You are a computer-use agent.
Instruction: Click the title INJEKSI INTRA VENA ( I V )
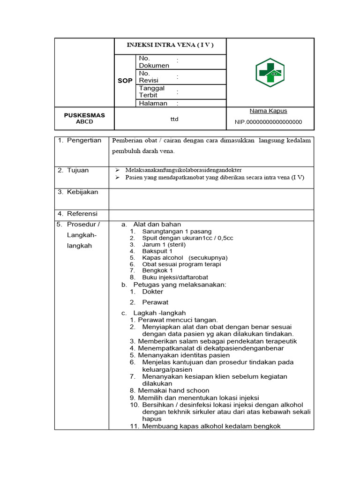170,45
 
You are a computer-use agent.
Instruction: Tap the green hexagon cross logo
270,72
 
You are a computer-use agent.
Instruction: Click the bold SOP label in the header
125,81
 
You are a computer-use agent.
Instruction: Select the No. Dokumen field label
154,62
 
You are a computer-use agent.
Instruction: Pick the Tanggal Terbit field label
151,91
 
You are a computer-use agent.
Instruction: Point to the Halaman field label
153,103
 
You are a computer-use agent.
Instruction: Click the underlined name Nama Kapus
268,111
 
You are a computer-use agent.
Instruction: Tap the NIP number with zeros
268,122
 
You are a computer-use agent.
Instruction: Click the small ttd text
174,119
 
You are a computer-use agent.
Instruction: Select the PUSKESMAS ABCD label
84,118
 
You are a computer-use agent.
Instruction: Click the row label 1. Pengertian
79,141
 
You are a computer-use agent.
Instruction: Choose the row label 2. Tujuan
73,170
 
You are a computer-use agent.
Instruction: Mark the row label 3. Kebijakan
77,192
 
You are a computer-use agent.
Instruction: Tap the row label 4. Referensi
77,214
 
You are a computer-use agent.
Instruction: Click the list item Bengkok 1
157,270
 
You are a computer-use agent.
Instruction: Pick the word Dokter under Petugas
153,292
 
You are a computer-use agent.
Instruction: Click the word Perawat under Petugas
155,302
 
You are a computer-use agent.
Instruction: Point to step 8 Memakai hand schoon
173,390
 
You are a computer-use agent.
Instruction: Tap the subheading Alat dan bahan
157,225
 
